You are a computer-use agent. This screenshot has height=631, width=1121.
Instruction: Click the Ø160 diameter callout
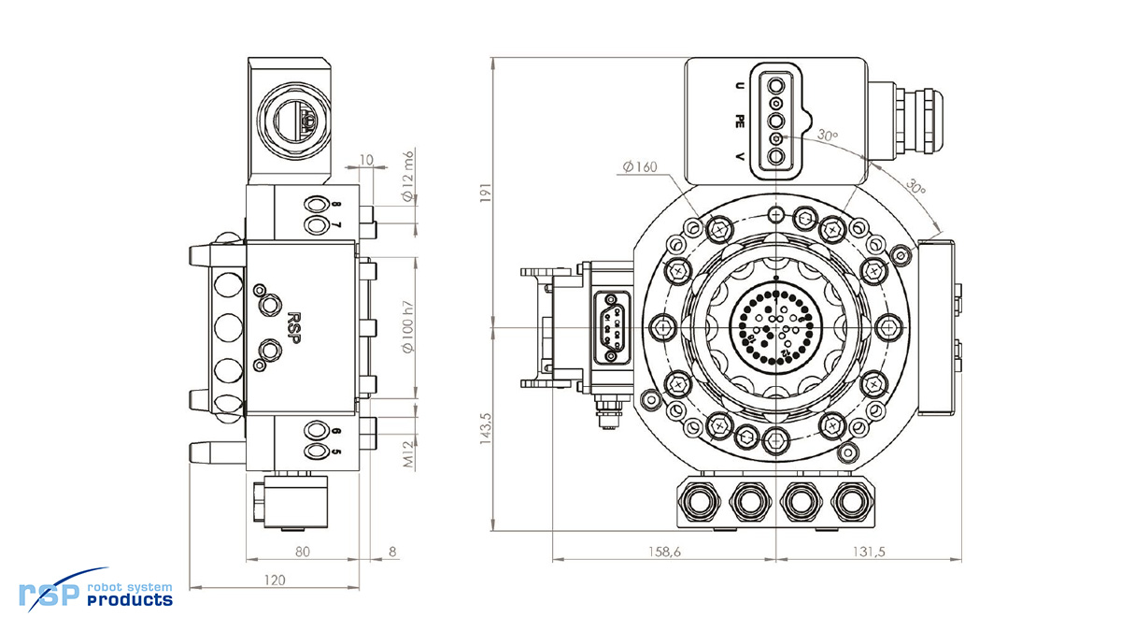[x=640, y=167]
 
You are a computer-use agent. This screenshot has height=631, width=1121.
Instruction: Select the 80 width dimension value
[x=302, y=552]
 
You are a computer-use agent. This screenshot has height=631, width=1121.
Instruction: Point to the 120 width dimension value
[x=273, y=581]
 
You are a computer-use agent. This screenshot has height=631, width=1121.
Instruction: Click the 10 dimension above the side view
[x=366, y=160]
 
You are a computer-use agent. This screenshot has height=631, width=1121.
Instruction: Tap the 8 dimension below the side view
[x=392, y=552]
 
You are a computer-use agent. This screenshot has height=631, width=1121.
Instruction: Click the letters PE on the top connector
[x=740, y=120]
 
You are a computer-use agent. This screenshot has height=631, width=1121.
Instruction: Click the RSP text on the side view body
[x=293, y=327]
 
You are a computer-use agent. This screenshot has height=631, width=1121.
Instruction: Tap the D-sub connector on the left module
[x=612, y=323]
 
